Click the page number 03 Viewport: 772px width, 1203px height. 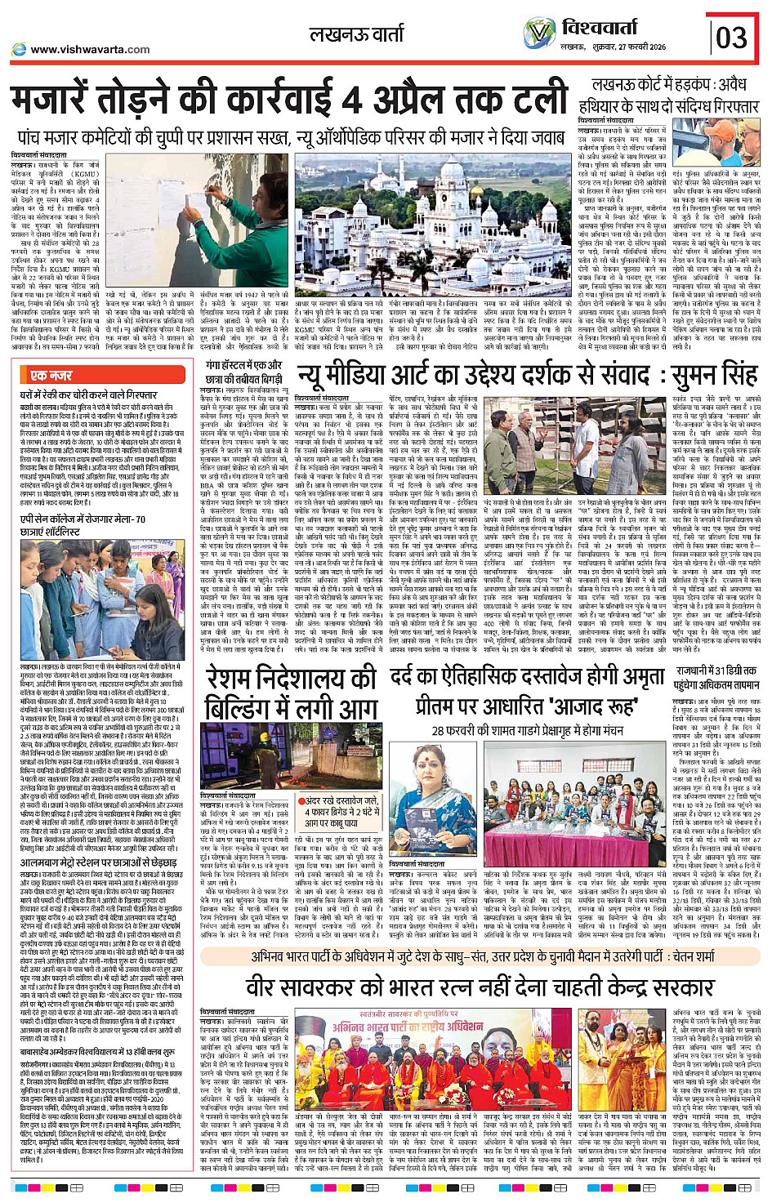[731, 37]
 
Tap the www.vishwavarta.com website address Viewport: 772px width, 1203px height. [89, 49]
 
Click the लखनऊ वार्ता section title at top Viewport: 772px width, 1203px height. [356, 34]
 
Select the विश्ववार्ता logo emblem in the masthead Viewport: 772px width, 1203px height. [539, 33]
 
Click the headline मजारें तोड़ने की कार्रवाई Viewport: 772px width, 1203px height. [290, 100]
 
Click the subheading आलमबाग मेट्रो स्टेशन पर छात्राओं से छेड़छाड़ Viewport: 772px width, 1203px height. [98, 862]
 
